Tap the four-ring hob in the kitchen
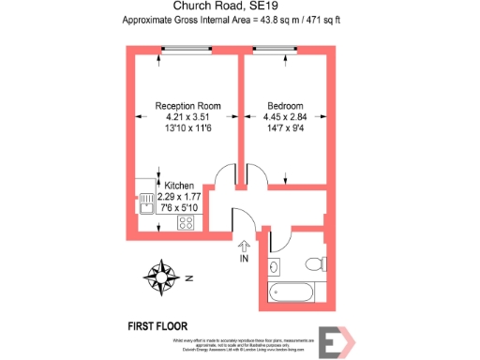click(186, 223)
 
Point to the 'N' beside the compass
click(187, 278)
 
